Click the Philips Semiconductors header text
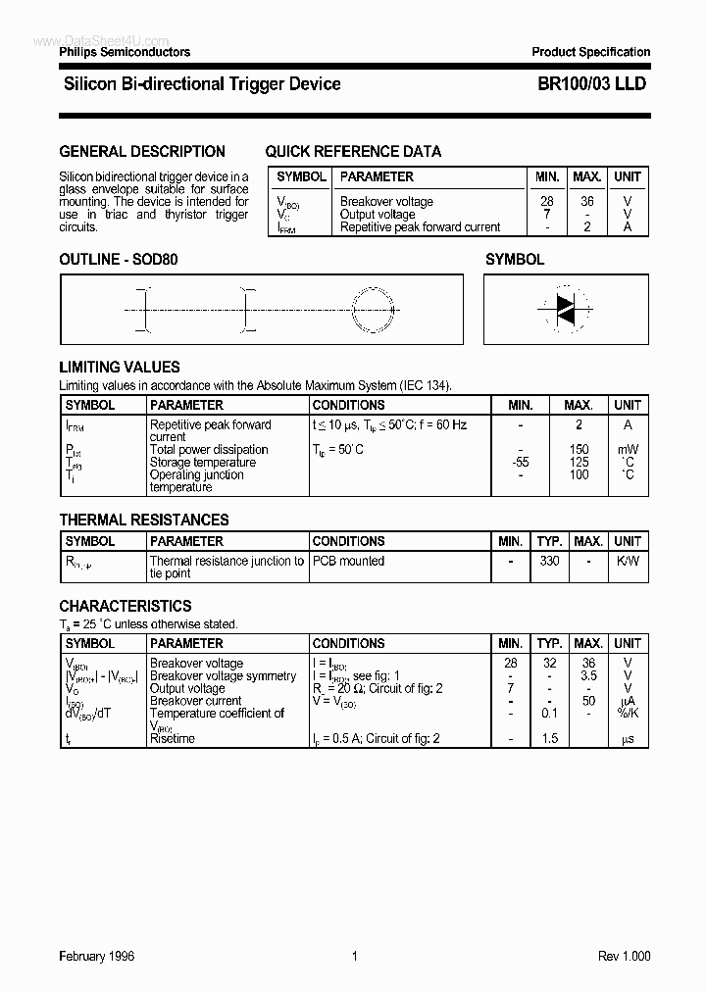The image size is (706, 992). (125, 52)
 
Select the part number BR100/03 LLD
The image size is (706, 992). (591, 84)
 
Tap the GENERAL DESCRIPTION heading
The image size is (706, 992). (142, 152)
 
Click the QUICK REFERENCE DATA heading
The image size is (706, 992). (353, 152)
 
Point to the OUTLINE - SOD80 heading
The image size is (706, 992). (119, 260)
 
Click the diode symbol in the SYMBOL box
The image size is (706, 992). (565, 309)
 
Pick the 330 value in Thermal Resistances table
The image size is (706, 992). (549, 562)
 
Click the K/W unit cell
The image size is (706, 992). (628, 562)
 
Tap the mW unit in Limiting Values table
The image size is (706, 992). (628, 450)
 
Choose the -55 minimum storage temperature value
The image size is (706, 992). (521, 463)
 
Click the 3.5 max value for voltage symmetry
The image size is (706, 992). (587, 676)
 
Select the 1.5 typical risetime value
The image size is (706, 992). (549, 738)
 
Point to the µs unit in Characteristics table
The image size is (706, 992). (628, 738)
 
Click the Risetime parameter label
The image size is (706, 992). (173, 738)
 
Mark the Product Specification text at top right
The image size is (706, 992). (590, 52)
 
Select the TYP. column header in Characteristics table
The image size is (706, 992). (549, 644)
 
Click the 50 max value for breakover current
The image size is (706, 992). (587, 701)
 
